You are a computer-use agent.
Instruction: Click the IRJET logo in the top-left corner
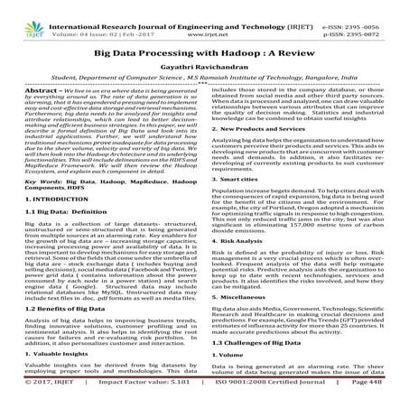pos(21,14)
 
